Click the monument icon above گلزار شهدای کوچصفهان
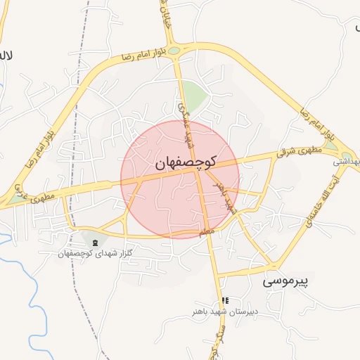pos(95,243)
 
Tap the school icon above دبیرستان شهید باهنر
pos(225,301)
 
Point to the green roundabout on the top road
pos(174,50)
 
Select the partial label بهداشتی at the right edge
pos(347,161)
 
